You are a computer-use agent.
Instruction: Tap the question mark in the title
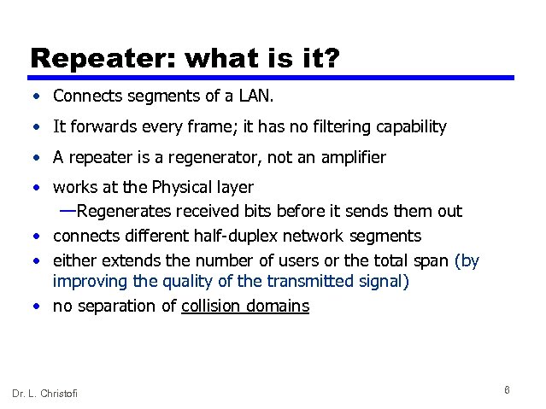331,59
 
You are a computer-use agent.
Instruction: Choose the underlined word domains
278,306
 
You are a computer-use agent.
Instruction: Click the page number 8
508,390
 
